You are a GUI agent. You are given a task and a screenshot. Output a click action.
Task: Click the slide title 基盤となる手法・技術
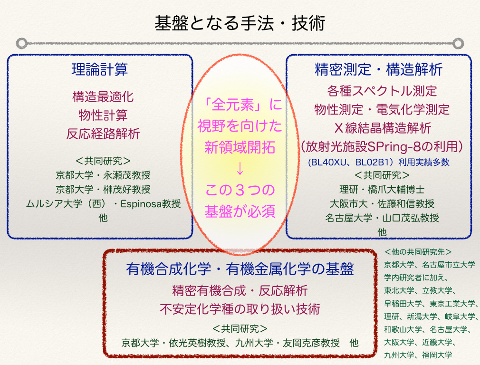click(240, 24)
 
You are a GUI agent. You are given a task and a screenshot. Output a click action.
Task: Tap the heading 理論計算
click(100, 69)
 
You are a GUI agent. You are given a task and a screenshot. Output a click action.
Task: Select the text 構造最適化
click(103, 97)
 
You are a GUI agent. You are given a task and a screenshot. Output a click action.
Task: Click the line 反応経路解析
click(103, 134)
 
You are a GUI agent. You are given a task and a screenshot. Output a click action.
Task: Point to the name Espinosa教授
click(151, 203)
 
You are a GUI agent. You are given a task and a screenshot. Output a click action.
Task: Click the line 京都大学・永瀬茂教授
click(103, 175)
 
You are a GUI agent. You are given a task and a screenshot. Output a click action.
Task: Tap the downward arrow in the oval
click(240, 169)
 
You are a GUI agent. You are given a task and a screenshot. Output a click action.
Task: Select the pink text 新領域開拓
click(240, 147)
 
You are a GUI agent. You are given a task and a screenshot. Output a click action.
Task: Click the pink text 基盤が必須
click(240, 211)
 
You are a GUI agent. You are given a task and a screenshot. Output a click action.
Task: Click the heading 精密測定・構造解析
click(379, 69)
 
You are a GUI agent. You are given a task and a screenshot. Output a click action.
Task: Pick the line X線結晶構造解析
click(383, 128)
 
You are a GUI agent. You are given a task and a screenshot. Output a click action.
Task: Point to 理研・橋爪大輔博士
click(382, 189)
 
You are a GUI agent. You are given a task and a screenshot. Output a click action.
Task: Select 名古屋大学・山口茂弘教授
click(382, 218)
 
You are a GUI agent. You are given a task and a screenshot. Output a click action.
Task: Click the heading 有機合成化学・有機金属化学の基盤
click(240, 269)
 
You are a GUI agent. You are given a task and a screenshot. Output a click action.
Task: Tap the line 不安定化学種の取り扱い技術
click(240, 309)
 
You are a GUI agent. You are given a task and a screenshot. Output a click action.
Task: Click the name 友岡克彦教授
click(311, 343)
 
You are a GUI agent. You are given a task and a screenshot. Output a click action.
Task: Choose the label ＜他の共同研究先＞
click(418, 252)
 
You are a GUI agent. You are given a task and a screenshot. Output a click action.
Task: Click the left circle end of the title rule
click(22, 43)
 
